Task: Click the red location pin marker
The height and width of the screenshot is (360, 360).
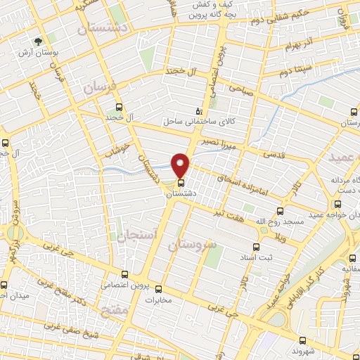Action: click(181, 165)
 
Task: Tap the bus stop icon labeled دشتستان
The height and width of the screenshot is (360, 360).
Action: click(181, 182)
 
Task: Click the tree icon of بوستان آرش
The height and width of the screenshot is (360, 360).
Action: click(37, 41)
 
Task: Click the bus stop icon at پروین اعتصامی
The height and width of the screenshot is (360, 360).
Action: click(125, 274)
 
